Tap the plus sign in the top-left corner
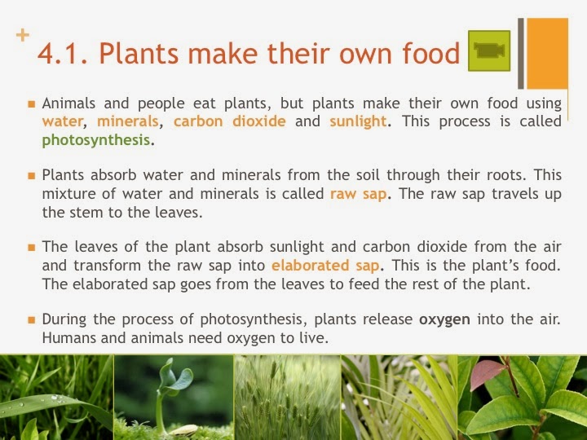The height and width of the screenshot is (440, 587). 22,35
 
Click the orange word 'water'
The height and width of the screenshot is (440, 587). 62,121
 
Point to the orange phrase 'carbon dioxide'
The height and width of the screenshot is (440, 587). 230,121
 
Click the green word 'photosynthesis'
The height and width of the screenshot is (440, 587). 96,139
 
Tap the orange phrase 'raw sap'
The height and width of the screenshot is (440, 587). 358,194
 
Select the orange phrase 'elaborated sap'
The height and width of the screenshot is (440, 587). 326,265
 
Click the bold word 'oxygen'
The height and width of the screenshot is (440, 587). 444,319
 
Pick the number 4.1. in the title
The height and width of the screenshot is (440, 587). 63,54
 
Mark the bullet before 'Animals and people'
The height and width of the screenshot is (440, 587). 31,104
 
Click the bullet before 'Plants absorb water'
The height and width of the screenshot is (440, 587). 31,175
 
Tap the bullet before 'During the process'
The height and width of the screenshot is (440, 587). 31,319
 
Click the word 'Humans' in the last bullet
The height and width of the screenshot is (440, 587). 68,336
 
